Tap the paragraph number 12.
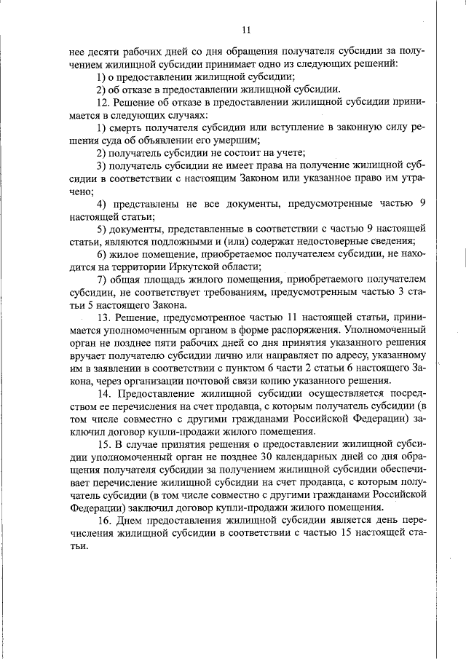[x=103, y=102]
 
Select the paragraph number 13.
[x=103, y=317]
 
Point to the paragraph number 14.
[x=103, y=394]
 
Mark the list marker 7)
[x=102, y=280]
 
